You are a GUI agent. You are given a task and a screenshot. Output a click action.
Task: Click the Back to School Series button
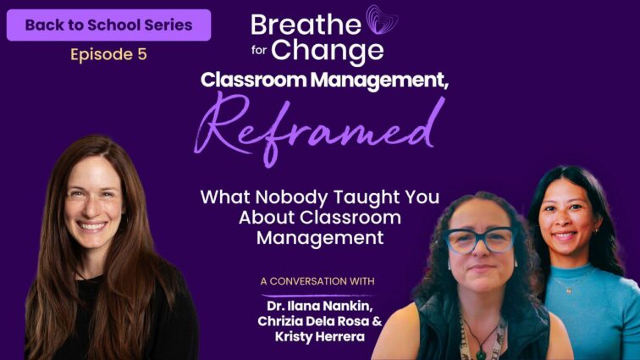coord(108,25)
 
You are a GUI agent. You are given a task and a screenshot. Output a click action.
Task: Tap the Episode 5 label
coord(108,54)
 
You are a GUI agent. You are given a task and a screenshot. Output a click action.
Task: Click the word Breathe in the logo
coord(306,25)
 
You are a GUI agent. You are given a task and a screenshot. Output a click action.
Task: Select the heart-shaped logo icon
coord(381,19)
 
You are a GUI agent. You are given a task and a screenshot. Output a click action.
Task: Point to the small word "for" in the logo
coord(259,50)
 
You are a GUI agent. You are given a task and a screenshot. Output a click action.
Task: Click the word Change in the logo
coord(328,51)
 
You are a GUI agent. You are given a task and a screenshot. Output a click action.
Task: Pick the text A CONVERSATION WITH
coord(317,281)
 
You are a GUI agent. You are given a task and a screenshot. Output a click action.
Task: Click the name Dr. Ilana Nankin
coord(320,306)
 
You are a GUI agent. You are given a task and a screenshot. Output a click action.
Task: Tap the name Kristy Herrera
coord(320,337)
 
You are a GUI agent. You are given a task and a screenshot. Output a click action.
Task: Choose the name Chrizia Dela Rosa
coord(313,321)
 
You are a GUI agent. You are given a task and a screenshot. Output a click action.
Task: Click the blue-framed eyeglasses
coord(480,241)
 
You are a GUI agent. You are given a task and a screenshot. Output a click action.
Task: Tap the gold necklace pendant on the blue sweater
coord(568,291)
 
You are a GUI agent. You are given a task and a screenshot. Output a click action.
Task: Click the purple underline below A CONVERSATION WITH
coord(317,295)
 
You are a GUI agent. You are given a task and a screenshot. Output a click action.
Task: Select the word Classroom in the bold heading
coord(253,80)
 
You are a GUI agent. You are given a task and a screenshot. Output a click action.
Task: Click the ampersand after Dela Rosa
coord(378,321)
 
